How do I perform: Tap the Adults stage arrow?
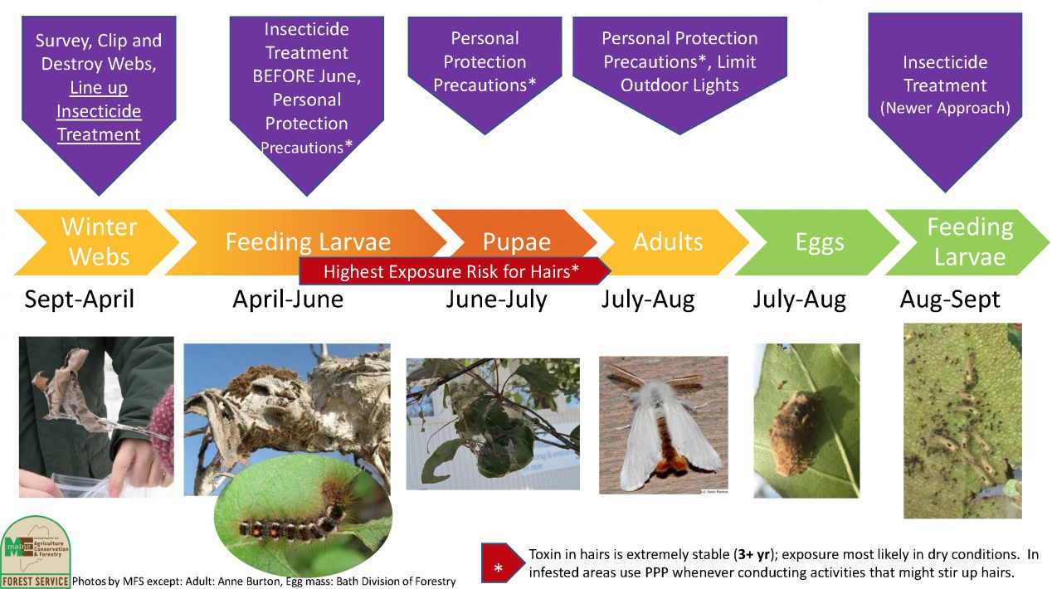667,242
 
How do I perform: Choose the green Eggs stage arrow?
818,242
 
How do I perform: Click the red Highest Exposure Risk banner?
455,271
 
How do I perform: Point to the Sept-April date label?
80,299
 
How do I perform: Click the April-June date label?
288,299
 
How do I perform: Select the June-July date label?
496,299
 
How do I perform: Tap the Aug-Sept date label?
950,299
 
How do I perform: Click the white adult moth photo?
663,425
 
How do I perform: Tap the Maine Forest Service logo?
35,552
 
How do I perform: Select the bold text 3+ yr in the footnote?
753,555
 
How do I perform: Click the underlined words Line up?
99,87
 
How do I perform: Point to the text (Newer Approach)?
945,108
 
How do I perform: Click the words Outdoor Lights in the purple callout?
679,85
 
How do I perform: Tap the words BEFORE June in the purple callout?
306,76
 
